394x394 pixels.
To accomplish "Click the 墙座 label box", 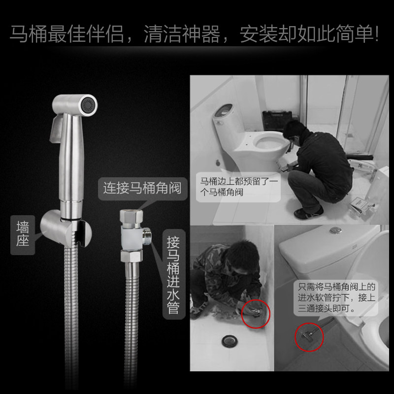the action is click(x=23, y=235).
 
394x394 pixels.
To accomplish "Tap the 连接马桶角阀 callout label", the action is click(x=142, y=189).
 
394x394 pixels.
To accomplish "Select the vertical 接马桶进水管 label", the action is click(x=174, y=274).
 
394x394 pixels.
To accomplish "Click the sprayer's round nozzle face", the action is click(x=89, y=105).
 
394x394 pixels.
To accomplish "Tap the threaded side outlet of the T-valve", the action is click(x=147, y=236).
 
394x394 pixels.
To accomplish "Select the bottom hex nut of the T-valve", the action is click(x=131, y=256).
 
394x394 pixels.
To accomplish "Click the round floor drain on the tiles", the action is click(x=230, y=341).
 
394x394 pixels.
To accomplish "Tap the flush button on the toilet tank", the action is click(x=336, y=230).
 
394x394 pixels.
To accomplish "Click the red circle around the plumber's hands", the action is click(x=256, y=314).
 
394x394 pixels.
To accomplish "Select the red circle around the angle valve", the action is click(x=309, y=337).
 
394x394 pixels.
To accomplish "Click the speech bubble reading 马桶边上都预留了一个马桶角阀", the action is click(x=238, y=187).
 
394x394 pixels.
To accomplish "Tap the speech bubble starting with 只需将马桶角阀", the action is click(x=336, y=298).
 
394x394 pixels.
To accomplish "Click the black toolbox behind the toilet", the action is click(x=277, y=119).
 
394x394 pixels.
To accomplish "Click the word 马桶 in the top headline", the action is click(x=29, y=33).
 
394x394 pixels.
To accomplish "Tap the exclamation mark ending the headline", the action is click(x=376, y=33).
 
